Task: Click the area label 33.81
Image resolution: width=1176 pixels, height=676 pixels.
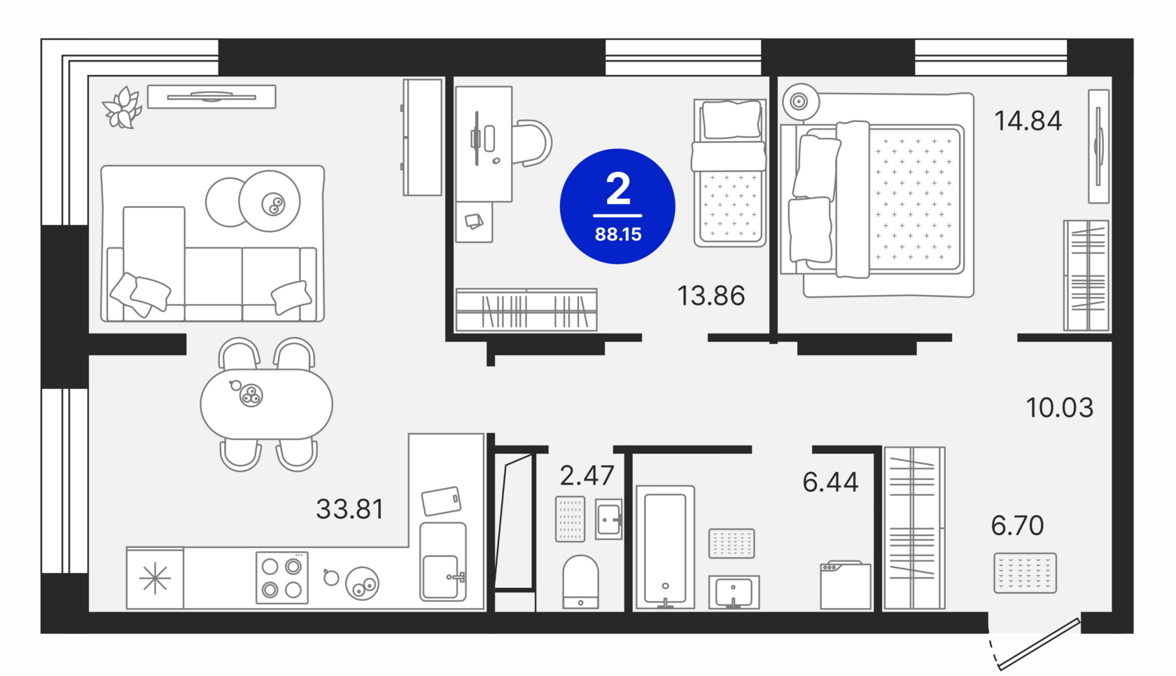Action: pos(350,509)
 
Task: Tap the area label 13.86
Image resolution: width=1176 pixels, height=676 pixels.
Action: pos(711,296)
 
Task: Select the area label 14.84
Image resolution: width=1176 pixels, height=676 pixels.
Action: pos(1028,120)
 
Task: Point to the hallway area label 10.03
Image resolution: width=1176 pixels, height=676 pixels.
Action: pos(1060,408)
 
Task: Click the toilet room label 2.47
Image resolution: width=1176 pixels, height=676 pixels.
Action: pos(587,476)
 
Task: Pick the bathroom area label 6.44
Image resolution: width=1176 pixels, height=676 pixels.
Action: pos(830,482)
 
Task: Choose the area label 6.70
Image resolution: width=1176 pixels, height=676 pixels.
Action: pos(1018,525)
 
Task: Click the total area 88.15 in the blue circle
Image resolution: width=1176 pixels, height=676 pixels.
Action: pos(618,234)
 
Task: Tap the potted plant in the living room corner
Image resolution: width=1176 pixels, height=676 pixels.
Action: pos(122,108)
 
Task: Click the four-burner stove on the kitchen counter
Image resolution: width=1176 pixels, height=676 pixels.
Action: pos(282,577)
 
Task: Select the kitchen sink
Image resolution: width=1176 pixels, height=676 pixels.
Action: pos(443,561)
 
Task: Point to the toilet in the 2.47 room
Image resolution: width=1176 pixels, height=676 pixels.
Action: pos(581,581)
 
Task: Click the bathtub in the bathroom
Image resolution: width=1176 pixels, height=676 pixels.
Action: pos(665,547)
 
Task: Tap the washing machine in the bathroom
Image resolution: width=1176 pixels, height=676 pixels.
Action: pos(846,585)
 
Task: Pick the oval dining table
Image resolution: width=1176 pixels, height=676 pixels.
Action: pos(266,404)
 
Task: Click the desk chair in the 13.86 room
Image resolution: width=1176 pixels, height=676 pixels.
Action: pos(532,143)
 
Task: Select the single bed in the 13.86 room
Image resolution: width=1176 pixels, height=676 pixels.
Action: pos(729,173)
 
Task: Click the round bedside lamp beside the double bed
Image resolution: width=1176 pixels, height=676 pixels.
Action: pos(799,102)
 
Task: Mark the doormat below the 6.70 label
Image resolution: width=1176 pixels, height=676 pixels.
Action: pos(1025,573)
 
